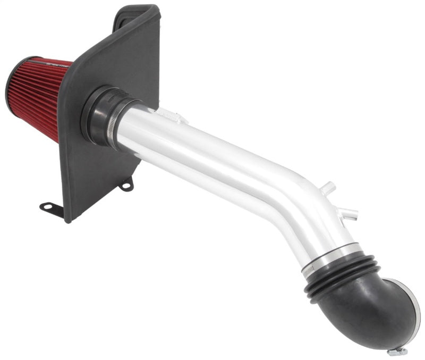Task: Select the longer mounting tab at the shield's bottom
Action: pyautogui.click(x=52, y=207)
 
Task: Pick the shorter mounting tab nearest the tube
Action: pyautogui.click(x=126, y=185)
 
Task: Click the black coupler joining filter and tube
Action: pyautogui.click(x=101, y=114)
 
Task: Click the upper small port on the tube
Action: pyautogui.click(x=329, y=188)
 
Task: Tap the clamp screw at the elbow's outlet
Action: pyautogui.click(x=397, y=351)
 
